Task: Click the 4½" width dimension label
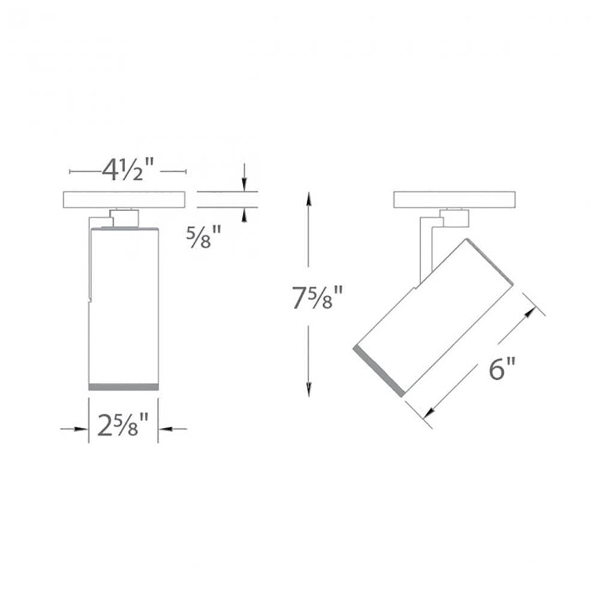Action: pyautogui.click(x=127, y=170)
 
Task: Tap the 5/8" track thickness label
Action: pyautogui.click(x=204, y=237)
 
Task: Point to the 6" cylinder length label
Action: pyautogui.click(x=502, y=368)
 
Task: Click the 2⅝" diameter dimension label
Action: pyautogui.click(x=123, y=425)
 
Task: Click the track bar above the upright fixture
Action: pyautogui.click(x=124, y=200)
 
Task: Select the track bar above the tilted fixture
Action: pyautogui.click(x=454, y=200)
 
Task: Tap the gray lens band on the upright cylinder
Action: pyautogui.click(x=123, y=386)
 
